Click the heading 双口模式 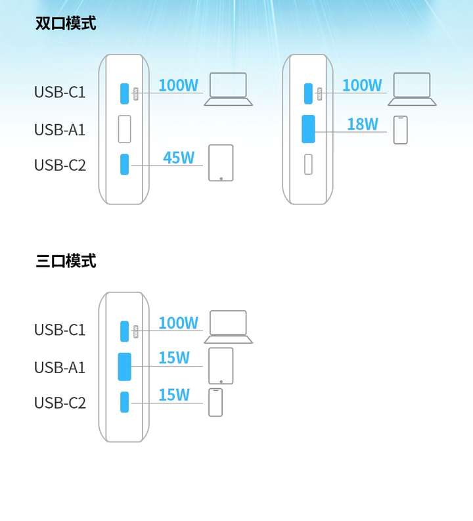pyautogui.click(x=66, y=23)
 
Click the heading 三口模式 pyautogui.click(x=66, y=261)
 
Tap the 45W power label pyautogui.click(x=179, y=158)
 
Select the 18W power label pyautogui.click(x=363, y=124)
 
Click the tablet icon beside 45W pyautogui.click(x=221, y=163)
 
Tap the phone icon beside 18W pyautogui.click(x=400, y=130)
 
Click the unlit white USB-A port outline pyautogui.click(x=125, y=129)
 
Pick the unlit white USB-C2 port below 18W pyautogui.click(x=308, y=164)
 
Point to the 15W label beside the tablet pyautogui.click(x=174, y=357)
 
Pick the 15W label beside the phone pyautogui.click(x=174, y=395)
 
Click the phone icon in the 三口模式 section pyautogui.click(x=215, y=402)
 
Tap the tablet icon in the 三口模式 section pyautogui.click(x=221, y=366)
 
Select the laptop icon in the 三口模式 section pyautogui.click(x=228, y=327)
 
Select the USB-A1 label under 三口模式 pyautogui.click(x=60, y=367)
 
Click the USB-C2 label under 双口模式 pyautogui.click(x=60, y=165)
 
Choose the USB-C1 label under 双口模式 pyautogui.click(x=60, y=92)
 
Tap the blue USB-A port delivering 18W pyautogui.click(x=308, y=129)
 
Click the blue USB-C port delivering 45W pyautogui.click(x=125, y=164)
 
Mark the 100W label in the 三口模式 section pyautogui.click(x=179, y=323)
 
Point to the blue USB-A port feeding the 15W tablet pyautogui.click(x=125, y=367)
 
